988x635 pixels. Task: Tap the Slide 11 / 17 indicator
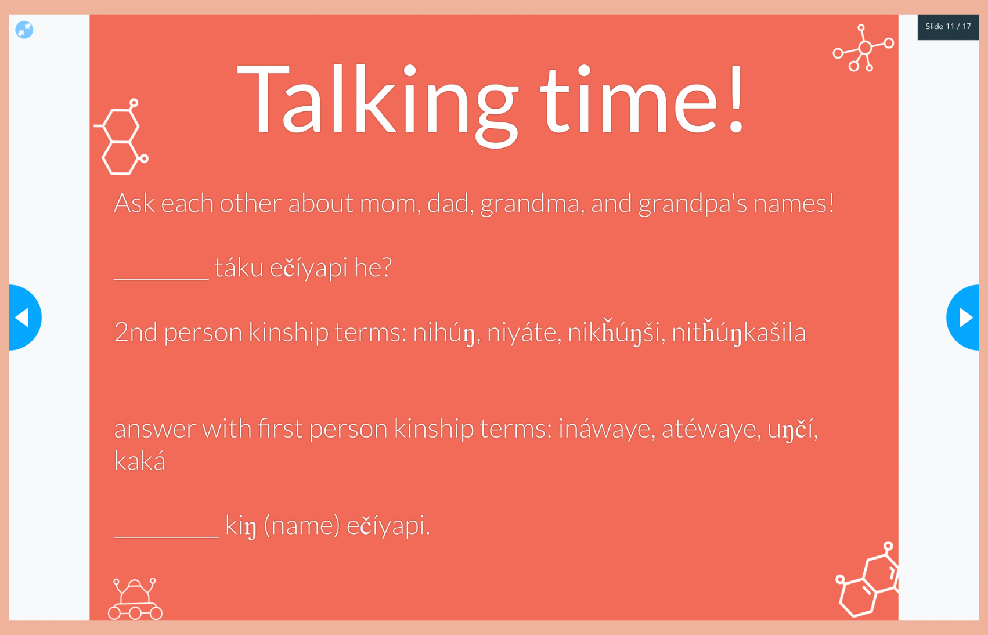click(948, 27)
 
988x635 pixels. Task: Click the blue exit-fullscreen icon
click(24, 30)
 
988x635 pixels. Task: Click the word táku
click(239, 267)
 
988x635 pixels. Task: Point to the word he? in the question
click(373, 267)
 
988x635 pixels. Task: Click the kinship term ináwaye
click(604, 428)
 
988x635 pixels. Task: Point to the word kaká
click(140, 461)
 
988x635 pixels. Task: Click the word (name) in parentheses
click(302, 526)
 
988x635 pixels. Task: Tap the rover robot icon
click(135, 599)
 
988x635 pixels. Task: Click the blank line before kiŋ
click(166, 537)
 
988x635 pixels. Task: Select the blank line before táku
click(161, 279)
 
